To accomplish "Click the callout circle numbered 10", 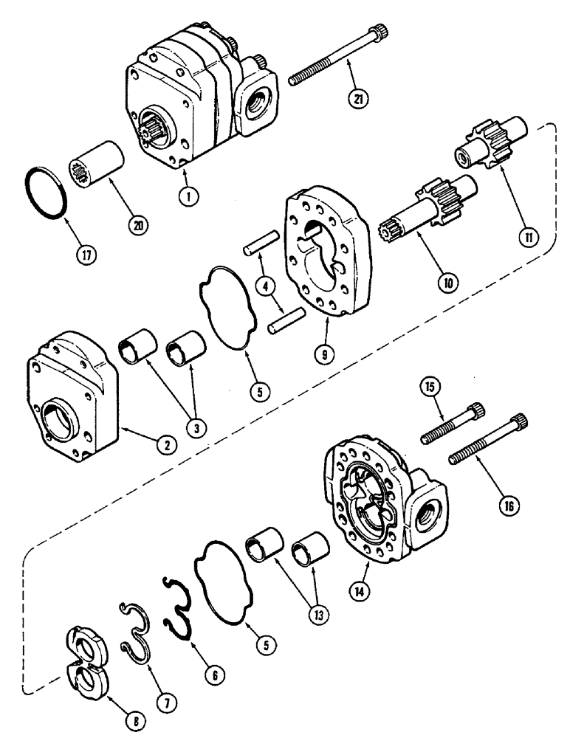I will tap(450, 280).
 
